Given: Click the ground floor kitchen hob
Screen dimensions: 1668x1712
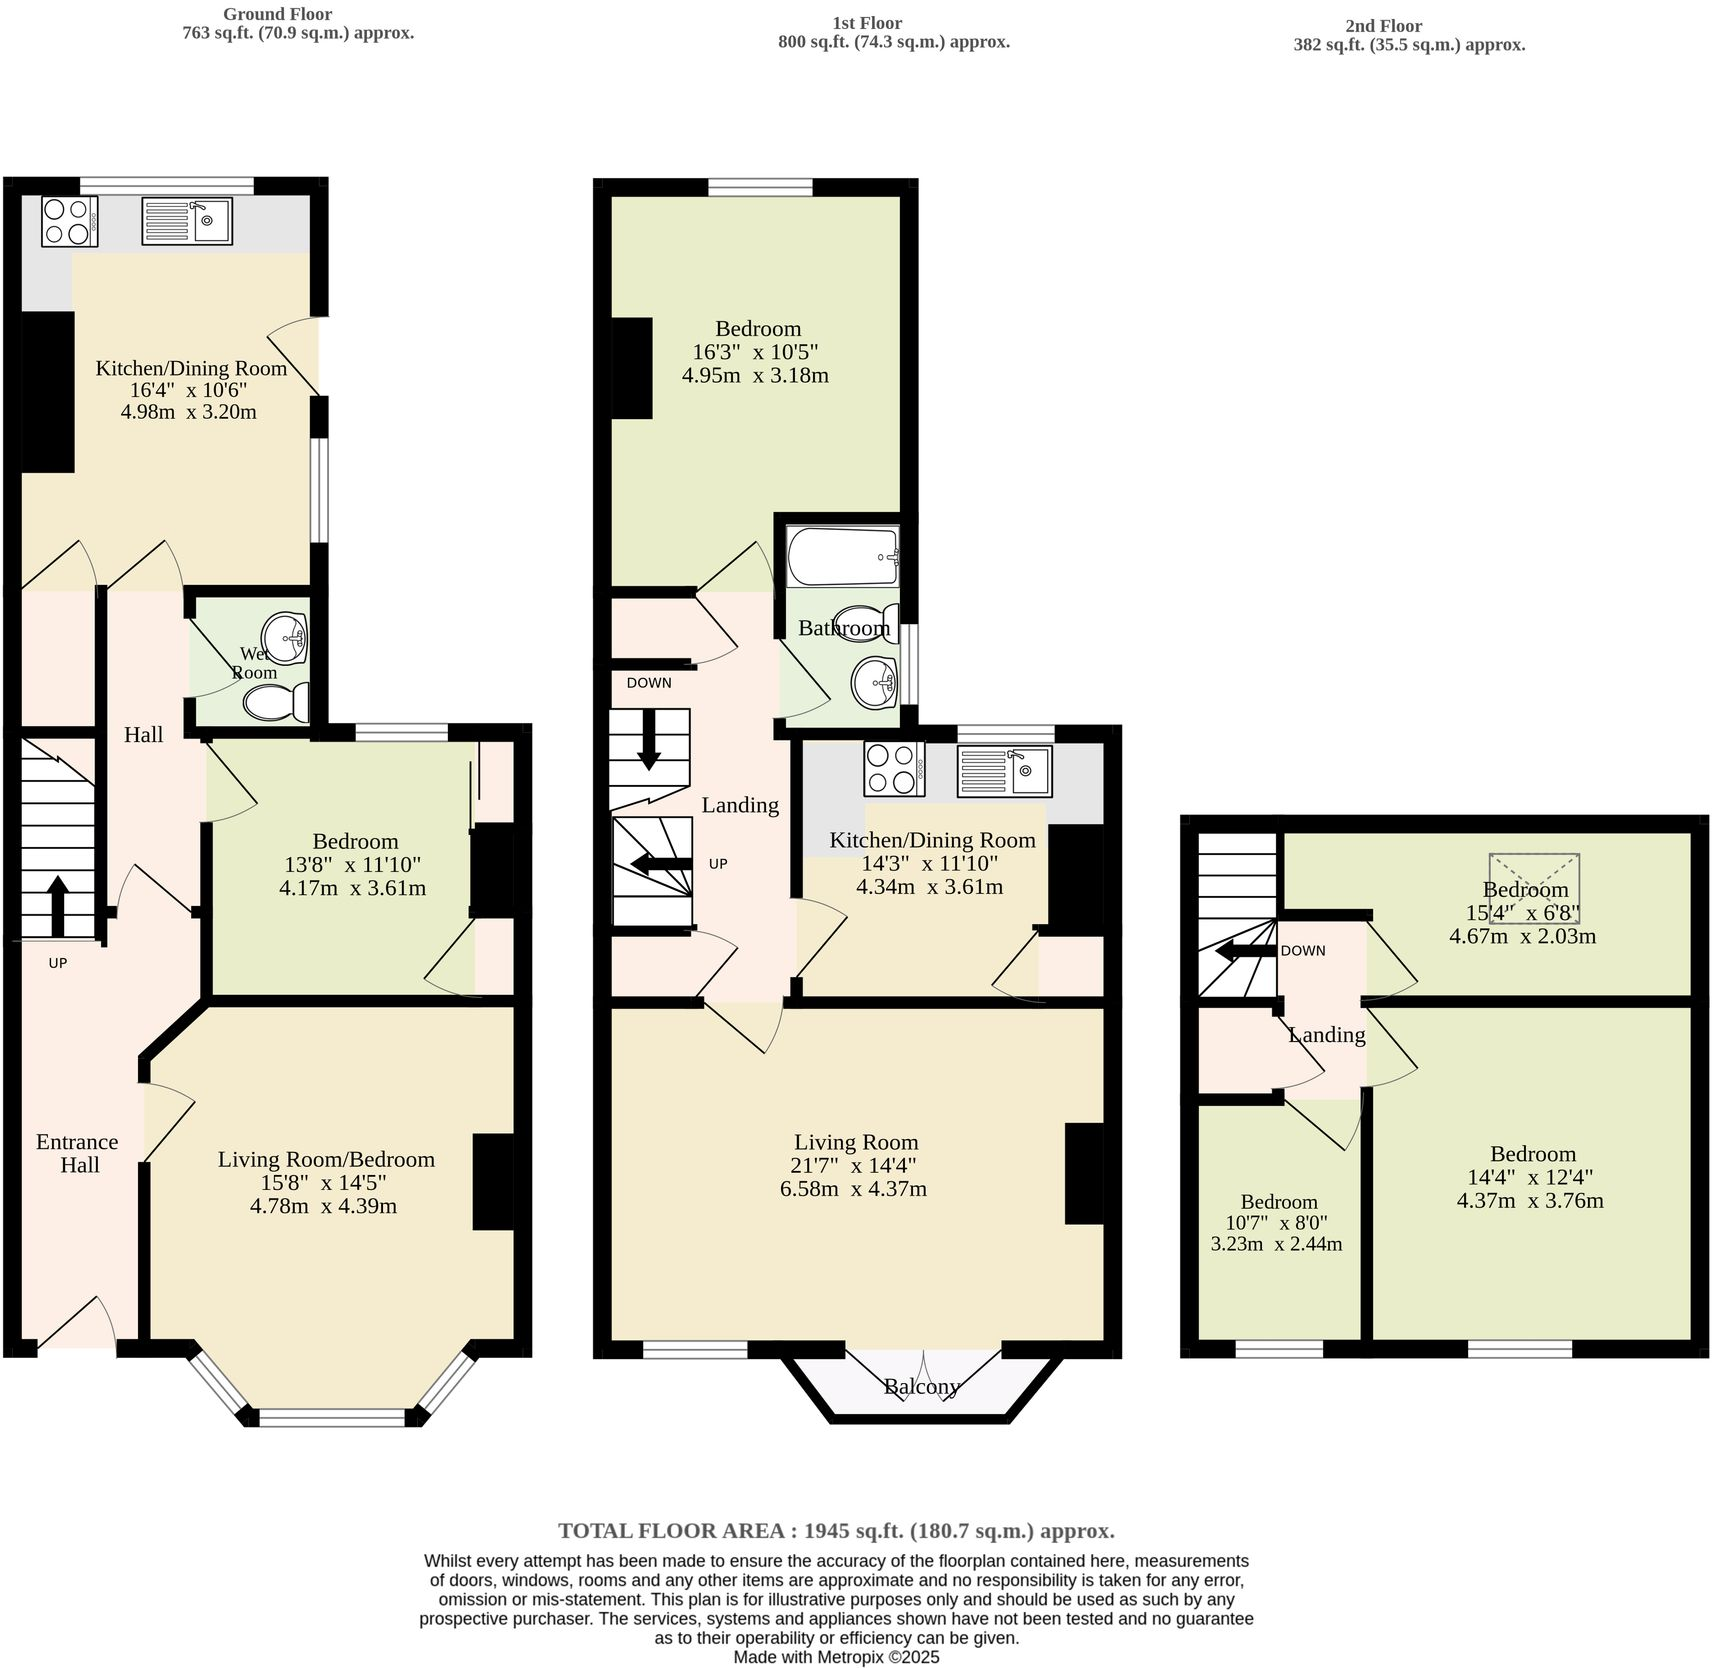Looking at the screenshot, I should pos(69,221).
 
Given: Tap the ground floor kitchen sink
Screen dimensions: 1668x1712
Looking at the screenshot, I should pos(187,221).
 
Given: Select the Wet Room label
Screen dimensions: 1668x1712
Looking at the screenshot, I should pos(254,663).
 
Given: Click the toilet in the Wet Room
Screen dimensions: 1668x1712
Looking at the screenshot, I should pos(277,702).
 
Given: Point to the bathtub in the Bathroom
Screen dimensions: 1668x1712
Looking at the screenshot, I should pos(842,557).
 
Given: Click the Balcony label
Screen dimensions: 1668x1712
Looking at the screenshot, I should pos(921,1387).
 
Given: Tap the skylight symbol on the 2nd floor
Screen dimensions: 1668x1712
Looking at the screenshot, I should pos(1534,888).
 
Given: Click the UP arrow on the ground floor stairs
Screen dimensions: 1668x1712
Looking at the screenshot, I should pos(57,905).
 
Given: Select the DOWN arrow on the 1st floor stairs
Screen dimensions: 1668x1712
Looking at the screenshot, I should pos(649,740).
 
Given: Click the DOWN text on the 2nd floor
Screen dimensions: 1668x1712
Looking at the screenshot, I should pos(1303,951).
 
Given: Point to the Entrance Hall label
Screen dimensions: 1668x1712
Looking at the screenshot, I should pos(78,1153).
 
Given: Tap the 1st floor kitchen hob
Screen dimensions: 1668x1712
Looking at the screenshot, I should pos(894,770).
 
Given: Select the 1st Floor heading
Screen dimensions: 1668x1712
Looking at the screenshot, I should pos(867,23).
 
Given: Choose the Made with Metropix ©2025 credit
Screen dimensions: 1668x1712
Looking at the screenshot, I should pos(836,1657).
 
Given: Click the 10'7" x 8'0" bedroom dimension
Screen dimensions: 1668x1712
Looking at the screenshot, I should pos(1277,1223).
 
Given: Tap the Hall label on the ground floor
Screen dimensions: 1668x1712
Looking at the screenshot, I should pos(143,735).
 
